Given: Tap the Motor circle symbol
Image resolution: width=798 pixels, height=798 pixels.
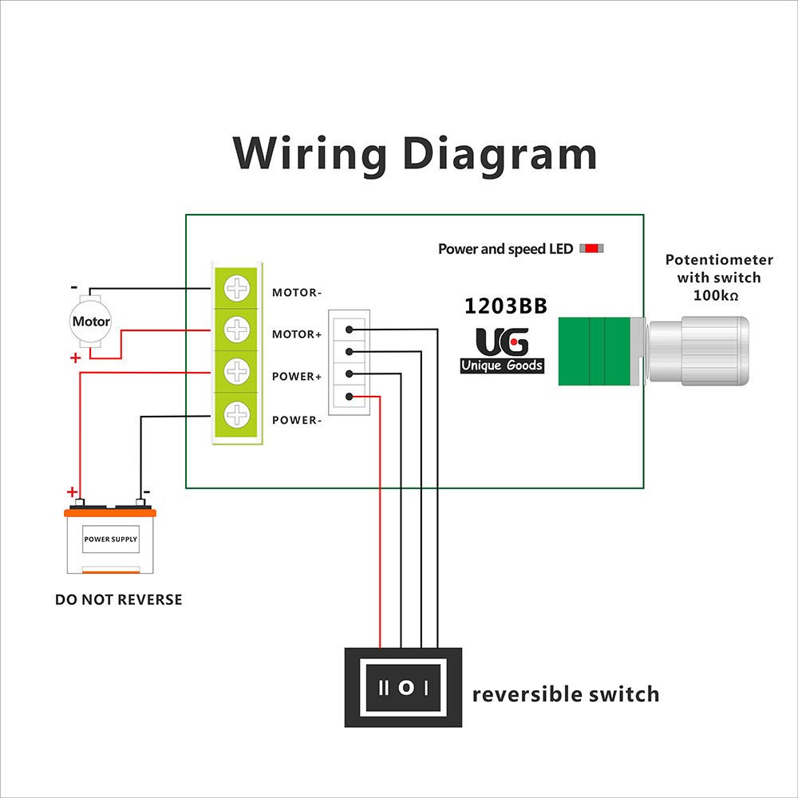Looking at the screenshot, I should pos(91,322).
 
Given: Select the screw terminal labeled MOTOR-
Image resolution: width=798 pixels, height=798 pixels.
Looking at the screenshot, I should pos(237,289).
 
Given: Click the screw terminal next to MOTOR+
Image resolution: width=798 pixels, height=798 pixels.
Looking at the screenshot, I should pos(237,328).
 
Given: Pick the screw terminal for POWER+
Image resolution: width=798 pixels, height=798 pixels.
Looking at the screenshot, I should pos(237,371).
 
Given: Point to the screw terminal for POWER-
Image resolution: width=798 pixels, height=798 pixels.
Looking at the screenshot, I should pos(237,414).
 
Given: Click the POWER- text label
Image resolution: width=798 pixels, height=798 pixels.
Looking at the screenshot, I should pos(297,420).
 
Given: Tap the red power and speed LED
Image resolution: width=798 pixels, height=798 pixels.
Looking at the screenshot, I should pos(591,248).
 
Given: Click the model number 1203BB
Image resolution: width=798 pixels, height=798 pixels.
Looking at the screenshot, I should pos(506,306).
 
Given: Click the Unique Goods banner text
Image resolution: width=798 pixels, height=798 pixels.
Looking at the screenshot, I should pos(502,366).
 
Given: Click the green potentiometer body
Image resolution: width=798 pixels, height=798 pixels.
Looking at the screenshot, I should pos(595,350).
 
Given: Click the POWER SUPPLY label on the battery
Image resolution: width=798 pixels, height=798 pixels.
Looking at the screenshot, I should pos(111,539).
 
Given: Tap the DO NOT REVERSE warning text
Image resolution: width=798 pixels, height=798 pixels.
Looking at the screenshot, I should pos(118,599).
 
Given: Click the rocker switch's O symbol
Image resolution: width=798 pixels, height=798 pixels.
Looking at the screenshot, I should pos(406,687).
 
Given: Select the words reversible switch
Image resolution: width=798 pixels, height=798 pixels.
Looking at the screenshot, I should pos(566,694).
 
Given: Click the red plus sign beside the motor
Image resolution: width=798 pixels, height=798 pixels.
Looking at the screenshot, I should pos(76,358).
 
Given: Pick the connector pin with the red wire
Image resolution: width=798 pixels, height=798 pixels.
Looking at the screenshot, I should pos(350,396).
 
